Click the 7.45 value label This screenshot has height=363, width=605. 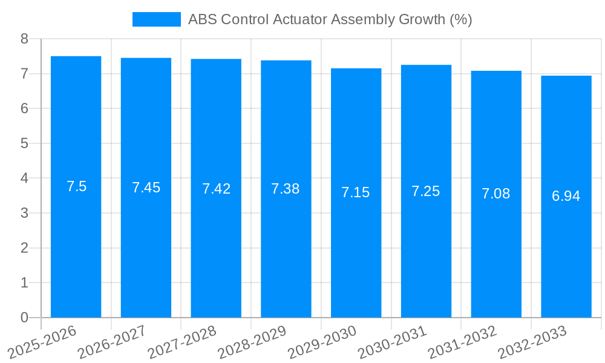tap(146, 188)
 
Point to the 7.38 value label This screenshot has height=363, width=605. tap(286, 189)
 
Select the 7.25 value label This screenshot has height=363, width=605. tap(426, 191)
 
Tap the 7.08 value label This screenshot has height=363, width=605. tap(496, 194)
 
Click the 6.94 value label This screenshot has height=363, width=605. tap(566, 196)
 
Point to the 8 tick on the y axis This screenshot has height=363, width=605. tap(24, 39)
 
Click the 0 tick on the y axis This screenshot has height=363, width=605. tap(24, 318)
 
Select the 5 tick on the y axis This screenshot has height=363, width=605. tap(24, 143)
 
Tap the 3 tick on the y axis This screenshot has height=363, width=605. tap(24, 213)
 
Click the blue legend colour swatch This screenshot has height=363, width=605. tap(157, 19)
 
